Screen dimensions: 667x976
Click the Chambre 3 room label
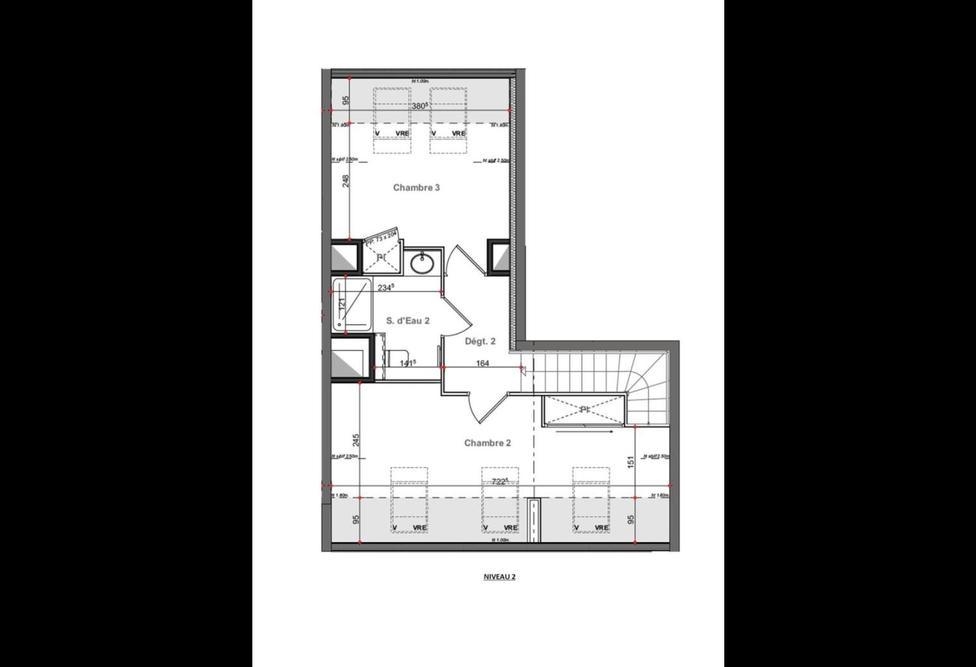416,188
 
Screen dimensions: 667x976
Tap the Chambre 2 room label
487,443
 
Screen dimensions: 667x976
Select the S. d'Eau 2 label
407,321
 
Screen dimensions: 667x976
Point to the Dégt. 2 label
480,342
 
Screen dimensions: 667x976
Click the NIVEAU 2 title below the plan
500,577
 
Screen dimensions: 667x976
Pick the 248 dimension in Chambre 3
346,182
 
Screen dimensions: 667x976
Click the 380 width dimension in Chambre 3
420,106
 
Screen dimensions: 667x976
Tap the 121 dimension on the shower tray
342,303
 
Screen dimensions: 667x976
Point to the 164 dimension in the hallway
482,364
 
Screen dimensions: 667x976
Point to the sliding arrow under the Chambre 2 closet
584,432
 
